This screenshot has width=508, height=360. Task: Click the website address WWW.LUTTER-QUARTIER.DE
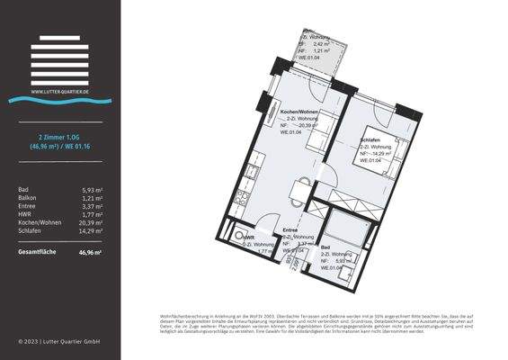coord(58,91)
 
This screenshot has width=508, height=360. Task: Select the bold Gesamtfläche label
coord(37,252)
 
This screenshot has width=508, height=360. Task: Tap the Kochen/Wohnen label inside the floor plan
coord(300,111)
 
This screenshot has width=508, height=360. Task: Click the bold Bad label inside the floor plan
coord(325,247)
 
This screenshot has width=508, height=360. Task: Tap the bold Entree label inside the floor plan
coord(290,230)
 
